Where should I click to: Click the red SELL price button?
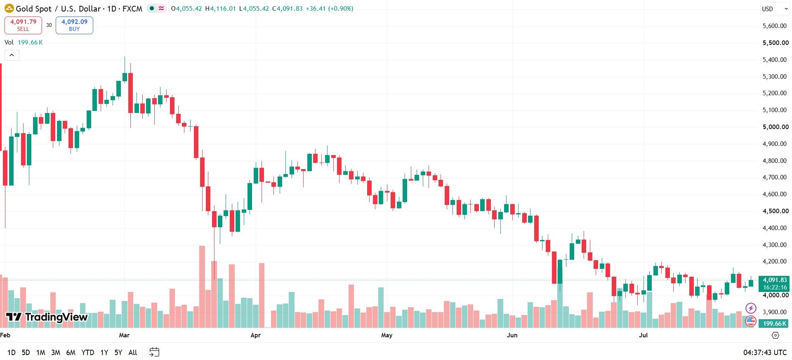(x=23, y=25)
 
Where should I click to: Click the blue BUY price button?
(x=74, y=25)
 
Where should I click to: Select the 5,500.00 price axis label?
(x=775, y=43)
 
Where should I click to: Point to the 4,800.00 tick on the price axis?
(x=775, y=161)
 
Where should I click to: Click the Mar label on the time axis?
(x=124, y=335)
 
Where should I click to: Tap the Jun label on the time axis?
(x=512, y=335)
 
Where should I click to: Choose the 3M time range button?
(x=56, y=353)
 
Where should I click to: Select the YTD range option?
(x=87, y=353)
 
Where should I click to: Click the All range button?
(x=133, y=353)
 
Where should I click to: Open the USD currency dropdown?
(x=774, y=9)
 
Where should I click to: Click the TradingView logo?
(x=47, y=317)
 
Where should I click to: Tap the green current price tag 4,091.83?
(x=774, y=283)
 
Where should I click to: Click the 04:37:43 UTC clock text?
(x=765, y=353)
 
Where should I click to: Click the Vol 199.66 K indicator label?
(x=24, y=42)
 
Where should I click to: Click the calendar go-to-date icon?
(x=154, y=352)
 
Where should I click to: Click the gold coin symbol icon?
(x=9, y=8)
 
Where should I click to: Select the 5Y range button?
(x=118, y=353)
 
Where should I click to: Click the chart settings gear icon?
(x=775, y=336)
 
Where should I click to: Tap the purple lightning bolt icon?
(x=751, y=308)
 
